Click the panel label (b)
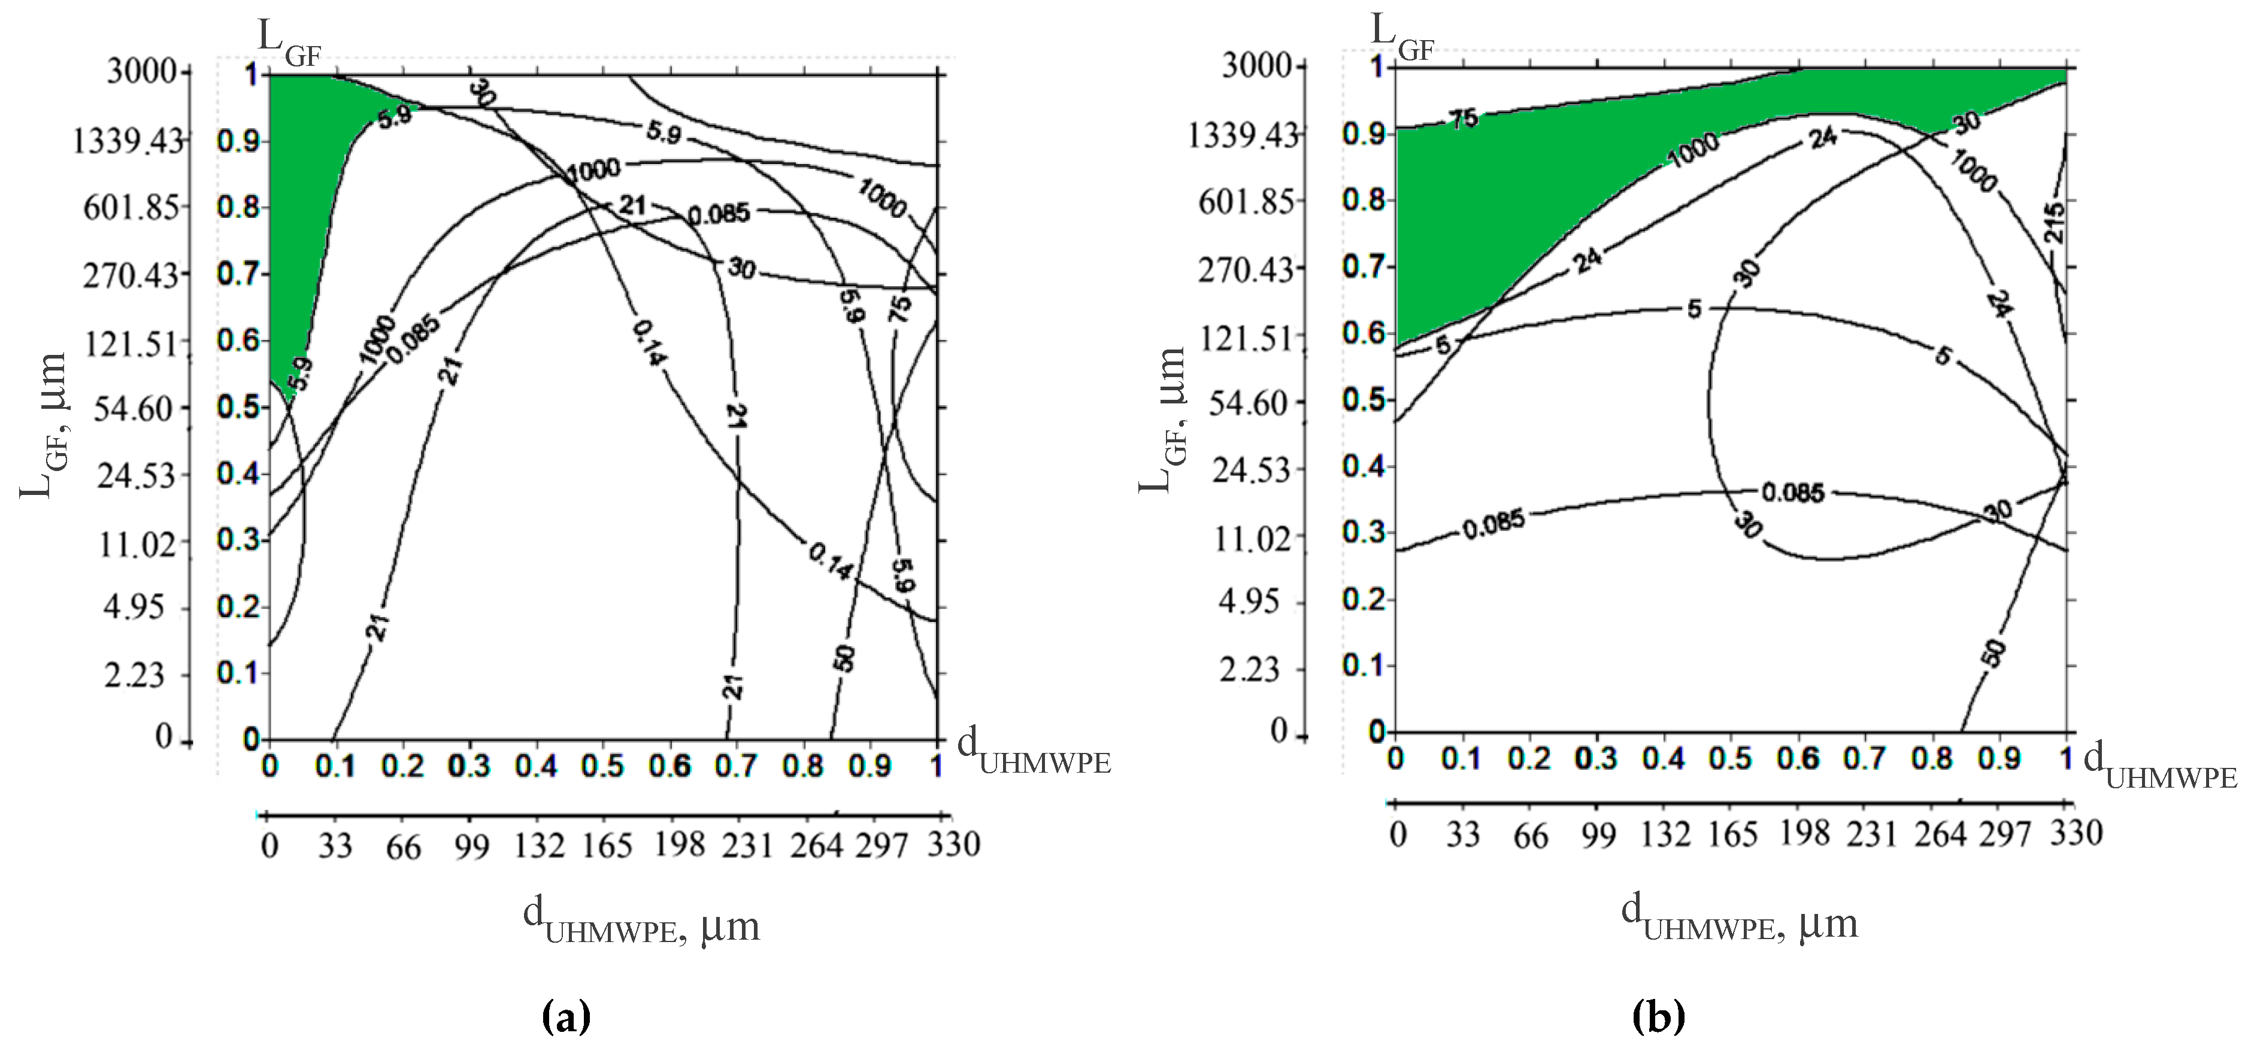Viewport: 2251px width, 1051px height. click(1658, 1016)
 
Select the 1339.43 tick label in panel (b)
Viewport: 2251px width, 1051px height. click(1243, 135)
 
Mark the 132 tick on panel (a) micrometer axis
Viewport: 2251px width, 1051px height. click(539, 845)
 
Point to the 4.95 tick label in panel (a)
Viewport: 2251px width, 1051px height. click(134, 606)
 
